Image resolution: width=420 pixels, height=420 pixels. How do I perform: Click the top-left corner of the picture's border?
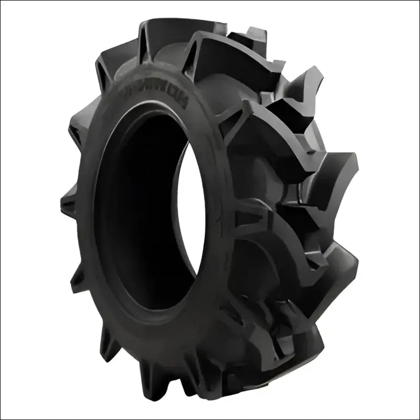click(1, 1)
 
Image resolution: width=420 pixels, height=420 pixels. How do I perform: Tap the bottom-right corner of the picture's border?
click(418, 418)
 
